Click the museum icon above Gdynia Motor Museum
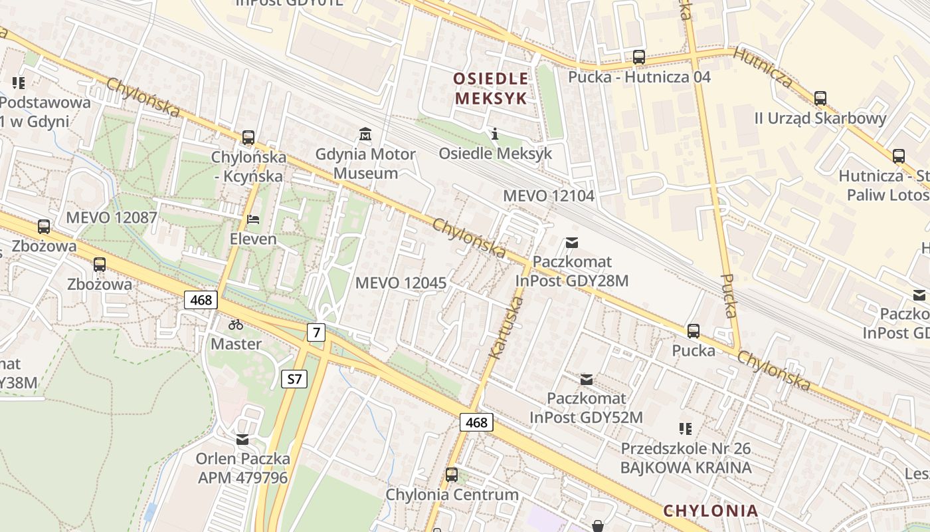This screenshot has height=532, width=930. (x=365, y=134)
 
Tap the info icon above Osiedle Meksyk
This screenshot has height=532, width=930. (x=494, y=134)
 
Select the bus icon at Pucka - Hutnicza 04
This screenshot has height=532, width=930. (x=638, y=57)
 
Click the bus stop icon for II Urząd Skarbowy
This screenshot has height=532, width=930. (x=820, y=98)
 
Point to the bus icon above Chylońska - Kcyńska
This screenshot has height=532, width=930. (x=248, y=138)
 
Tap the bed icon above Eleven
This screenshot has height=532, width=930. (x=253, y=219)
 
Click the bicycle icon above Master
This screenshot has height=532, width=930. (x=236, y=325)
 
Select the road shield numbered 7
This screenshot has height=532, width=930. (x=316, y=332)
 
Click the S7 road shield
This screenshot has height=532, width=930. (x=294, y=380)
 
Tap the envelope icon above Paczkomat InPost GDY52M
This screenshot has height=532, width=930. (x=587, y=380)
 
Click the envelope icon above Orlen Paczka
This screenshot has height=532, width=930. (x=242, y=440)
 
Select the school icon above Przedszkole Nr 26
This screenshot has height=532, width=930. (x=685, y=429)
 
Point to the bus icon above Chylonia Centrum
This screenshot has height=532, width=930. (x=452, y=475)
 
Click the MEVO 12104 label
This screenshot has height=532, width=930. (x=549, y=196)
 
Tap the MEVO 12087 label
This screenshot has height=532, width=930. (x=112, y=217)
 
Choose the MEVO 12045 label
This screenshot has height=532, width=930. (x=401, y=283)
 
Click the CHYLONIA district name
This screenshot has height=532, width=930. (x=710, y=511)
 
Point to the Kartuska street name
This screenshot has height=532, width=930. (x=507, y=329)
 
